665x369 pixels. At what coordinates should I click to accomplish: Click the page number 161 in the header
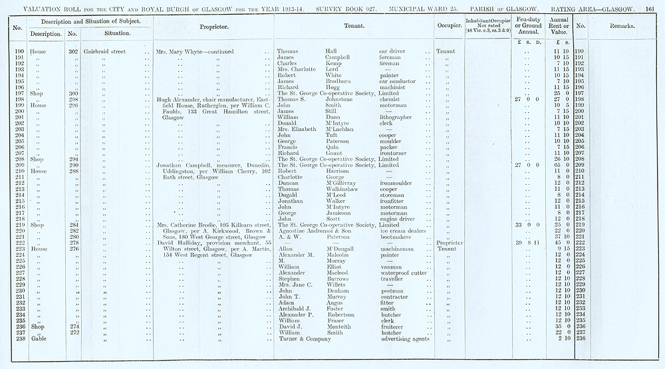[x=650, y=7]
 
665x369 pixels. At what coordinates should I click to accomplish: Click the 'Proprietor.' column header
[x=214, y=27]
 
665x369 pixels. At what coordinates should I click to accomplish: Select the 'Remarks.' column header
[x=621, y=27]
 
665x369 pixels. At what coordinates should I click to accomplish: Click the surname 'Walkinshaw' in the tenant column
[x=342, y=188]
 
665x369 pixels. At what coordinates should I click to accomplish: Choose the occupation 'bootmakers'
[x=397, y=237]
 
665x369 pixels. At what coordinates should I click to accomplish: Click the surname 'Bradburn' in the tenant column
[x=340, y=80]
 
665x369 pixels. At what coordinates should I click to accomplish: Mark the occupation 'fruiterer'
[x=393, y=326]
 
